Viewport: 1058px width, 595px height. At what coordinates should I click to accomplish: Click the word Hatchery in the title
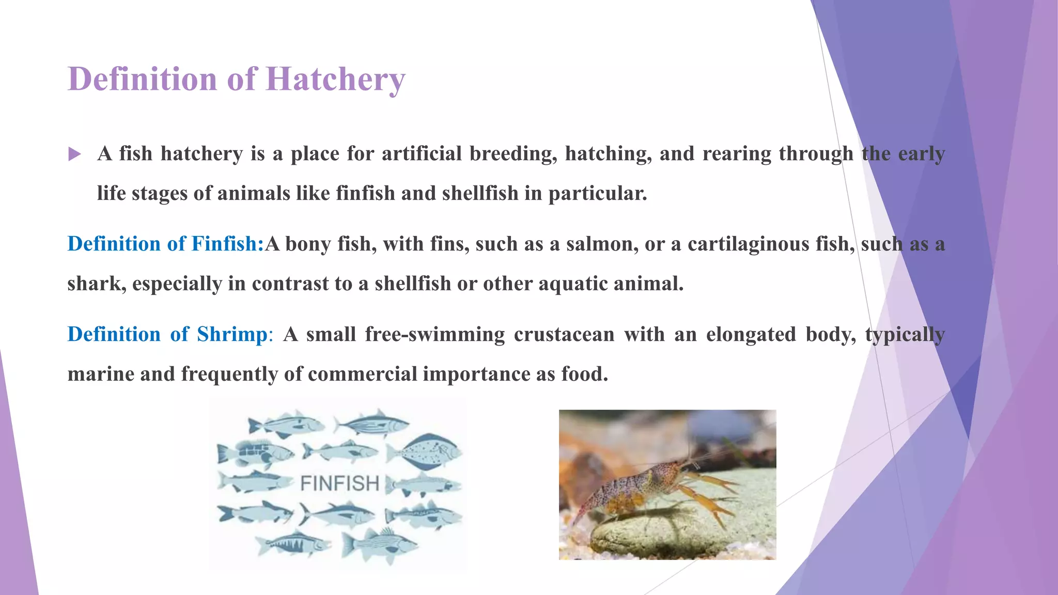click(336, 80)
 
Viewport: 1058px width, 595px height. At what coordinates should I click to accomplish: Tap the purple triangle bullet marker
click(74, 154)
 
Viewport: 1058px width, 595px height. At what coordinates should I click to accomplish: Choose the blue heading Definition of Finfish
click(165, 244)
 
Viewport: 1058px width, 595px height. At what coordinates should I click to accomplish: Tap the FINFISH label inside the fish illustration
click(339, 484)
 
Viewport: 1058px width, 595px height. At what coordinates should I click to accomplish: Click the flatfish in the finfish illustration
click(425, 453)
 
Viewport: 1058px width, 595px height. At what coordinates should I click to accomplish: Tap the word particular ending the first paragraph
click(597, 194)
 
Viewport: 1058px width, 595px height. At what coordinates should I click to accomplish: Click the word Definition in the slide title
click(142, 80)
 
